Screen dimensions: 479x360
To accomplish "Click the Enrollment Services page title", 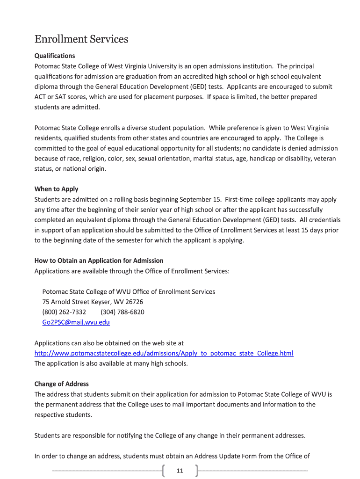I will (x=81, y=39).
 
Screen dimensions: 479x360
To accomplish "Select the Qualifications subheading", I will (x=55, y=56).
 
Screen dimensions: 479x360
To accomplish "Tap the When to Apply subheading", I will (x=57, y=189).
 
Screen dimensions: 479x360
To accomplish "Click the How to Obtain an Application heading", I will (x=99, y=261).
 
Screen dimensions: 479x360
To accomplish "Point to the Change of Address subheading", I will (x=62, y=384).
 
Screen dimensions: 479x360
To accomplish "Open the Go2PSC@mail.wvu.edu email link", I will (x=76, y=322).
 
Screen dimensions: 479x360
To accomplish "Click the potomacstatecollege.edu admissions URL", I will (x=164, y=353).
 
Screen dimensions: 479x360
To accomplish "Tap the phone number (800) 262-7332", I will (x=64, y=312).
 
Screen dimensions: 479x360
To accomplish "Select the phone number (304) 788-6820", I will (x=122, y=312).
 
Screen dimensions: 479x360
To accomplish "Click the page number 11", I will (x=180, y=471).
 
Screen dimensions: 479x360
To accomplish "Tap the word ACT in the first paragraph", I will (x=41, y=97).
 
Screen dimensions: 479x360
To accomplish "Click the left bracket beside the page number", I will (x=165, y=470).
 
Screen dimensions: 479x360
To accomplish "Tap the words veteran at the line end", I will (x=325, y=159).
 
